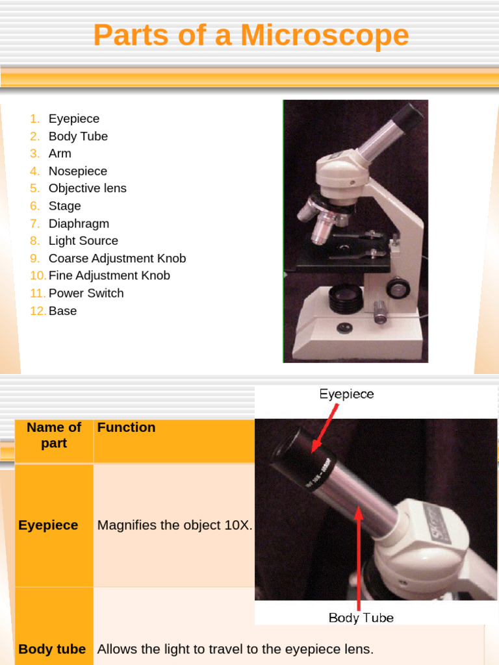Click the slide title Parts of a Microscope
[251, 35]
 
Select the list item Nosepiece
[77, 171]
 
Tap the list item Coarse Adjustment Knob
[117, 258]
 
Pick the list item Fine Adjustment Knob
[109, 275]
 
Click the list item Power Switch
[86, 293]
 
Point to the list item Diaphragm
[79, 223]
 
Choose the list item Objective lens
[87, 188]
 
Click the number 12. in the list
[38, 310]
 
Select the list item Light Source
[83, 241]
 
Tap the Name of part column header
[54, 435]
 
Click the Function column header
[126, 427]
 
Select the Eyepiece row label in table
[48, 525]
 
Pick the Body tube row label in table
[52, 649]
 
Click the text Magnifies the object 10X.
[174, 525]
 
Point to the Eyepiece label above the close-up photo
[346, 394]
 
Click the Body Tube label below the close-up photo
[361, 618]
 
